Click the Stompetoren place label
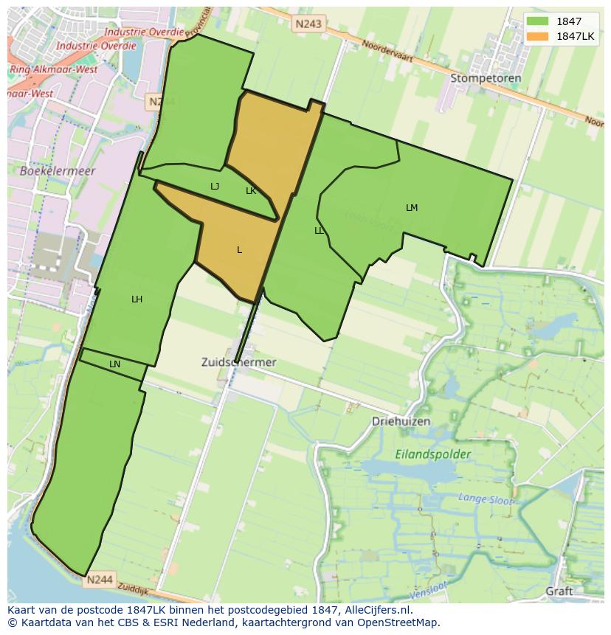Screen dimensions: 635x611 (486, 78)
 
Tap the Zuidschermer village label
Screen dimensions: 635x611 (238, 362)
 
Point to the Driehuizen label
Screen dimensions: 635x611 (401, 421)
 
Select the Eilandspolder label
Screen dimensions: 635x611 (432, 454)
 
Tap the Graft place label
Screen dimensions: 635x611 (559, 591)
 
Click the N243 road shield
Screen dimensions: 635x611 (308, 24)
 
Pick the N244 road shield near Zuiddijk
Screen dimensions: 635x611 (99, 580)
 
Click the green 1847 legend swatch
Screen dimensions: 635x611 (538, 21)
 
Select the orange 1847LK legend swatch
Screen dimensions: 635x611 (538, 36)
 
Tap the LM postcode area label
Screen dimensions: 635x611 (412, 208)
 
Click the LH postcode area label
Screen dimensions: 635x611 (137, 299)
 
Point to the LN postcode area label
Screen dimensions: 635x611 (114, 364)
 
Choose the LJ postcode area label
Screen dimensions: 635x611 (215, 187)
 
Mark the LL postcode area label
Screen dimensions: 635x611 (319, 231)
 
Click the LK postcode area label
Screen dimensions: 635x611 (251, 191)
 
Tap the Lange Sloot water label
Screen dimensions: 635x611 (486, 499)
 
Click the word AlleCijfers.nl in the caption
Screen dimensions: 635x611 (379, 611)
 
